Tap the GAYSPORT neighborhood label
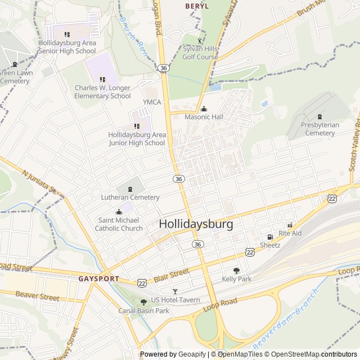[x=98, y=278]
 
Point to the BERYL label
[x=197, y=6]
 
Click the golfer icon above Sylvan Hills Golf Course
[x=200, y=40]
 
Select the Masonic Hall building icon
[x=204, y=109]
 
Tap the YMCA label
[x=152, y=102]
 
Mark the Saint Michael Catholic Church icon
[x=119, y=212]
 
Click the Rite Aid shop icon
[x=290, y=224]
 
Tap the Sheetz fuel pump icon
[x=270, y=237]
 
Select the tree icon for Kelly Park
[x=236, y=271]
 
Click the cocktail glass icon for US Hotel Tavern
[x=175, y=291]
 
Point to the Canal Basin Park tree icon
[x=143, y=302]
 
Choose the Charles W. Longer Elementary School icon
[x=102, y=79]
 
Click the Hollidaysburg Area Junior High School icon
[x=137, y=126]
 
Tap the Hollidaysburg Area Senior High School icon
[x=67, y=34]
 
